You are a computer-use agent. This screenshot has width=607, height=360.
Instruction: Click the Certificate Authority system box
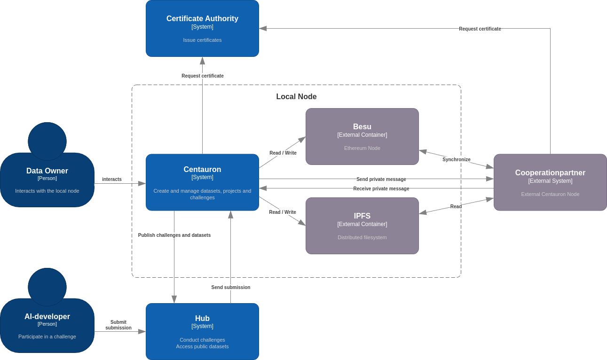202,28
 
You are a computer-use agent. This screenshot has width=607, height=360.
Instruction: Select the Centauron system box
202,182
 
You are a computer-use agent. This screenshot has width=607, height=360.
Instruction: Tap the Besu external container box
362,136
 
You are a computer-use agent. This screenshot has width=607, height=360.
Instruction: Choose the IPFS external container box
362,226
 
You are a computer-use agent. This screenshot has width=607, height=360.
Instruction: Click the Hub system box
202,331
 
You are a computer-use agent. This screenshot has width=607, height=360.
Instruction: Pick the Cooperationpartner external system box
550,182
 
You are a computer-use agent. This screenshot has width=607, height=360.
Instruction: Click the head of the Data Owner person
47,141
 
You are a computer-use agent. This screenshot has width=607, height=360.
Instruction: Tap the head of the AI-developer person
47,287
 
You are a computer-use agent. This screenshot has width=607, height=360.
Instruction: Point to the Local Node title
296,96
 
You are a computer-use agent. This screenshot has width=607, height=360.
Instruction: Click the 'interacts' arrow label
112,179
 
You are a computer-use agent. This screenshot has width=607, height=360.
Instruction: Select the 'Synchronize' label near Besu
456,159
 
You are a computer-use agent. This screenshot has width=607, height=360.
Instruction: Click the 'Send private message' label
381,179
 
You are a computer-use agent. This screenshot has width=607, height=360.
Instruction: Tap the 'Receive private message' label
381,188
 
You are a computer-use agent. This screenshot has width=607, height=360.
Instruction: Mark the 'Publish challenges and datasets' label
174,235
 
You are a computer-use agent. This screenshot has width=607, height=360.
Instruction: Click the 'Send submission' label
230,287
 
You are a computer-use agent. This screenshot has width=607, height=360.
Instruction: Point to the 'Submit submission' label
118,325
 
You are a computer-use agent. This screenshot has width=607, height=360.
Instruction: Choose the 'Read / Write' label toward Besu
283,153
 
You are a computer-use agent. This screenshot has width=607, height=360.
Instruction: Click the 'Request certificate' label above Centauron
202,76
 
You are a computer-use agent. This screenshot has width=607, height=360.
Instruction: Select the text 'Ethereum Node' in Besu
362,148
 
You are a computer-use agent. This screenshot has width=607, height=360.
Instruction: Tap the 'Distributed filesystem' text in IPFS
362,237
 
